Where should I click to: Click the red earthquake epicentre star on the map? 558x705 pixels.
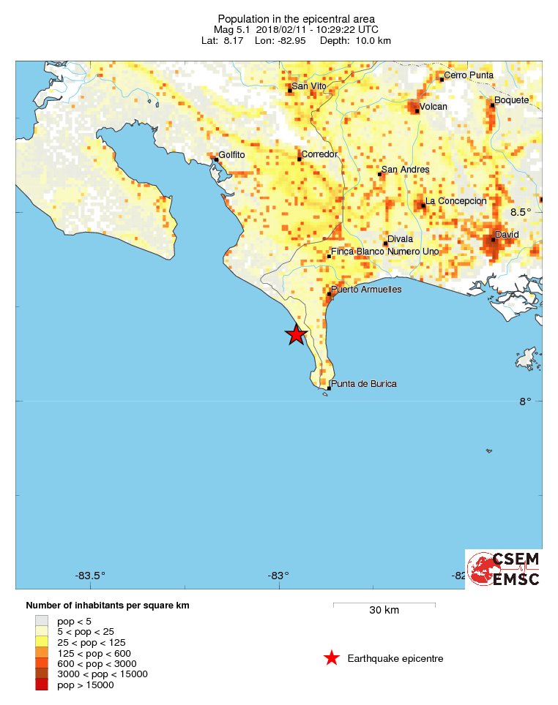(x=295, y=334)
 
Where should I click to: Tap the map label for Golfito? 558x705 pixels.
(x=231, y=156)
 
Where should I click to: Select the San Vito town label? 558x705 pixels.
(x=309, y=86)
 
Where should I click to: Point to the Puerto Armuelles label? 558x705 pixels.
(x=366, y=290)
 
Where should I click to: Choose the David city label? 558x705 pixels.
(x=507, y=235)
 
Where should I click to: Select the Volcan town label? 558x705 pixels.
(x=433, y=107)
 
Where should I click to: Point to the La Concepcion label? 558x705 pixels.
(x=456, y=201)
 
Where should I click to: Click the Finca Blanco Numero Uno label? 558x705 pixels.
(x=385, y=252)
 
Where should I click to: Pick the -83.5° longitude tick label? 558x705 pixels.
(x=91, y=576)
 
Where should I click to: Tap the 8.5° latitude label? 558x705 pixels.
(x=521, y=212)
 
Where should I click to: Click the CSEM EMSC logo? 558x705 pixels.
(x=505, y=569)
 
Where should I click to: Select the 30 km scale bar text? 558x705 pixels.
(x=384, y=611)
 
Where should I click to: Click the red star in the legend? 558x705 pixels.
(x=332, y=658)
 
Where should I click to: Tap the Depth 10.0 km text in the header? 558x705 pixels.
(x=355, y=40)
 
